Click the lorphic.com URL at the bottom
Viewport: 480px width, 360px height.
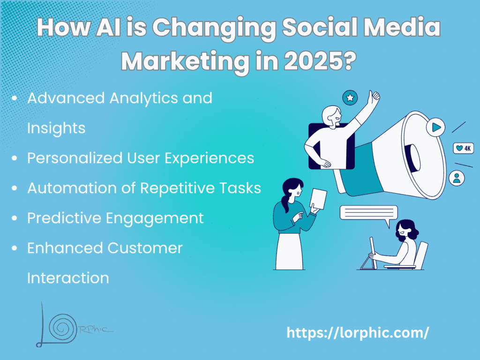[358, 333]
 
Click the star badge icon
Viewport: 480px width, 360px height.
[350, 98]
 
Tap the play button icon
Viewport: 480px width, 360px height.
[436, 127]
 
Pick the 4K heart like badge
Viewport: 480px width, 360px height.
[463, 149]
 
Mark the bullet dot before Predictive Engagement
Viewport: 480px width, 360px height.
[15, 218]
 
